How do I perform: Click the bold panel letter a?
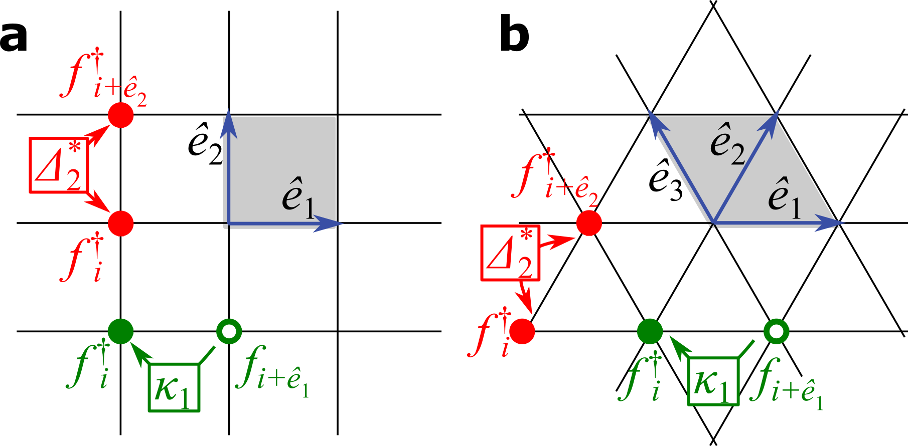tap(14, 38)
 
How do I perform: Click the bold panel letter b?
tap(514, 36)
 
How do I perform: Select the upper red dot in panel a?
tap(121, 115)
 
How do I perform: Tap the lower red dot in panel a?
tap(121, 223)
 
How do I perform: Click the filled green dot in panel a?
tap(121, 331)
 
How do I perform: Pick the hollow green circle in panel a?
tap(229, 331)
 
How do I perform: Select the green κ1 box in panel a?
tap(174, 387)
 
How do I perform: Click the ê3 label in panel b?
tap(666, 181)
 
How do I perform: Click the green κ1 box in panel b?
tap(713, 381)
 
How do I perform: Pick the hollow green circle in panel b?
tap(776, 331)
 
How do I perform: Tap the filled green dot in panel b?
tap(650, 331)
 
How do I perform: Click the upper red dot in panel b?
tap(589, 223)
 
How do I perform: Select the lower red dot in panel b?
tap(523, 331)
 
